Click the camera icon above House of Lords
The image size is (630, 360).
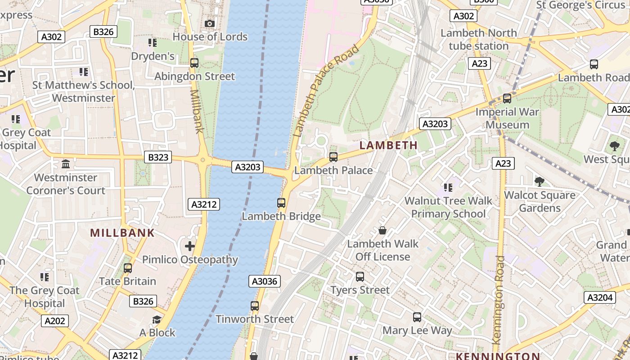click(x=209, y=23)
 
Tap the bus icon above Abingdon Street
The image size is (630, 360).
click(x=194, y=63)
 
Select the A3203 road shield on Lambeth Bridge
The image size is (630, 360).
click(x=248, y=167)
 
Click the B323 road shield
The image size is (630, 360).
click(x=158, y=157)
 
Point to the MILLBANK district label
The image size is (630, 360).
click(x=122, y=233)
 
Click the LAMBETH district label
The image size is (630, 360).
click(x=388, y=145)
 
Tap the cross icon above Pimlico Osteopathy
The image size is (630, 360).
click(x=190, y=246)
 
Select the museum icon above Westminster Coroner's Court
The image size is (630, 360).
click(x=66, y=164)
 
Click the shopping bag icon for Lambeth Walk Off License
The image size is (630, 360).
click(x=382, y=230)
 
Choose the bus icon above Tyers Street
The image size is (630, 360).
click(x=360, y=277)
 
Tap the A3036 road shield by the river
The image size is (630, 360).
click(x=265, y=282)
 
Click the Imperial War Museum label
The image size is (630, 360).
click(x=507, y=118)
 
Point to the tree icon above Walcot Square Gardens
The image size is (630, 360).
click(x=540, y=182)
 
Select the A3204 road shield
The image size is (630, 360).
click(x=600, y=297)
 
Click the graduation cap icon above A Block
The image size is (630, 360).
click(x=157, y=319)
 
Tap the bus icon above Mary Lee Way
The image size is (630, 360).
click(x=417, y=317)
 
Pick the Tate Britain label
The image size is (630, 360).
click(x=127, y=281)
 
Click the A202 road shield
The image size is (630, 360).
click(x=55, y=321)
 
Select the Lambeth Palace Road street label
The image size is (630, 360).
click(x=326, y=90)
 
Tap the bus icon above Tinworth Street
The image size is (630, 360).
click(x=255, y=306)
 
